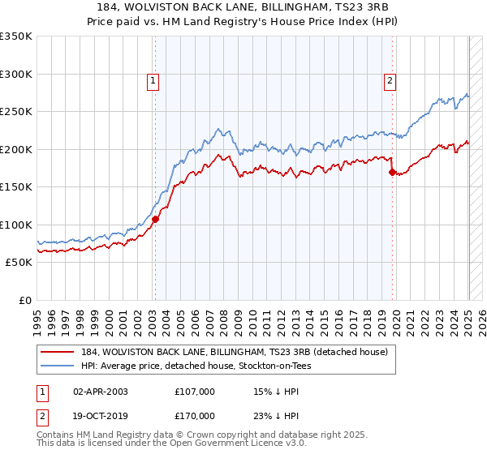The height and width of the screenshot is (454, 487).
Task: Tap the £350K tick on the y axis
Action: coord(16,36)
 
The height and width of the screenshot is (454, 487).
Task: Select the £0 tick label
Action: coord(25,300)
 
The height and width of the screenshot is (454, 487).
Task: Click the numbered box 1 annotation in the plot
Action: coord(153,79)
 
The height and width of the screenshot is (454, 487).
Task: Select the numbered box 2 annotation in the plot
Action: coord(390,79)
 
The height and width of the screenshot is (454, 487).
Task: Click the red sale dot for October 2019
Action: coord(392,172)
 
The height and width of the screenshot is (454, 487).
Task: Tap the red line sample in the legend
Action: coord(58,352)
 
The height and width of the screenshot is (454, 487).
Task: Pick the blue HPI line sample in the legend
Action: coord(58,366)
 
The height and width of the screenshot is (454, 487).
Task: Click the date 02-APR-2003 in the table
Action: coord(101,392)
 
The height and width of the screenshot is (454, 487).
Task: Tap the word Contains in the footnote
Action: coord(58,435)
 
